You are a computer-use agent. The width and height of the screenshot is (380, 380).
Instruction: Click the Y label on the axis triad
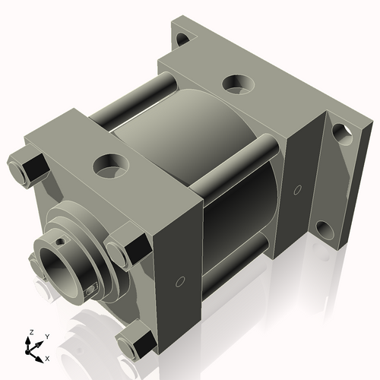pyautogui.click(x=46, y=336)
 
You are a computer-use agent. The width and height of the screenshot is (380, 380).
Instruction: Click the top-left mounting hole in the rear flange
pyautogui.click(x=182, y=36)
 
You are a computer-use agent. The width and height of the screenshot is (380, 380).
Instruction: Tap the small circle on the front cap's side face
pyautogui.click(x=178, y=283)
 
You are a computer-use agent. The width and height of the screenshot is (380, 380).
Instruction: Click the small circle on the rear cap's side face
pyautogui.click(x=297, y=188)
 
